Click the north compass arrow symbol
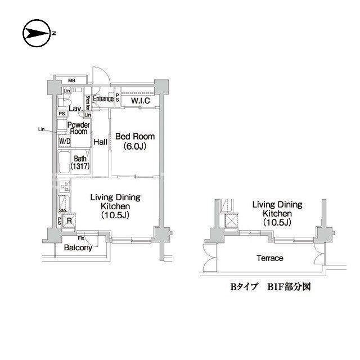[36, 33]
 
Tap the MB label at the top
[73, 80]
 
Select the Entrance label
[103, 99]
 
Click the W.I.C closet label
[140, 101]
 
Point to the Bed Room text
[134, 137]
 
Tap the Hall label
[101, 142]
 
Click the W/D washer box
[65, 141]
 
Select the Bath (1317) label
[80, 163]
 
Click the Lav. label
[75, 109]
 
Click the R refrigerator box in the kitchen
[69, 220]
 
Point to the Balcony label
[78, 247]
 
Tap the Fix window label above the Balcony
[81, 237]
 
